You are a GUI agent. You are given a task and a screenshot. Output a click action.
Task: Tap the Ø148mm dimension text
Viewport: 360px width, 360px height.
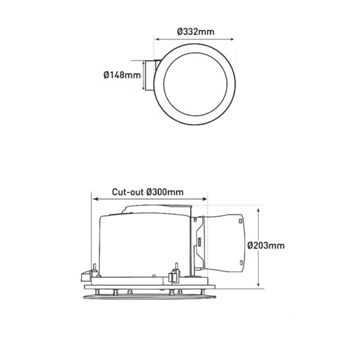tap(122, 76)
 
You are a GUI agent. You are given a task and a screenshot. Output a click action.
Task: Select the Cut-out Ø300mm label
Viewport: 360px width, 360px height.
tap(148, 193)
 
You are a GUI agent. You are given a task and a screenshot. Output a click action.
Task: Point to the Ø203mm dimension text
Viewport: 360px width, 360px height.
tap(266, 245)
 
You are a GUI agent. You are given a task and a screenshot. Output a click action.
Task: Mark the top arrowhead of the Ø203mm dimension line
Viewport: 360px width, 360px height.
tap(259, 210)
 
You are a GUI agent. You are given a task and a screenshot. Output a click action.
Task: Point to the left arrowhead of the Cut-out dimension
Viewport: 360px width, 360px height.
tap(92, 200)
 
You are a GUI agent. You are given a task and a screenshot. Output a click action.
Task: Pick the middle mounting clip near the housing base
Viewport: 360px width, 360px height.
tap(175, 273)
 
